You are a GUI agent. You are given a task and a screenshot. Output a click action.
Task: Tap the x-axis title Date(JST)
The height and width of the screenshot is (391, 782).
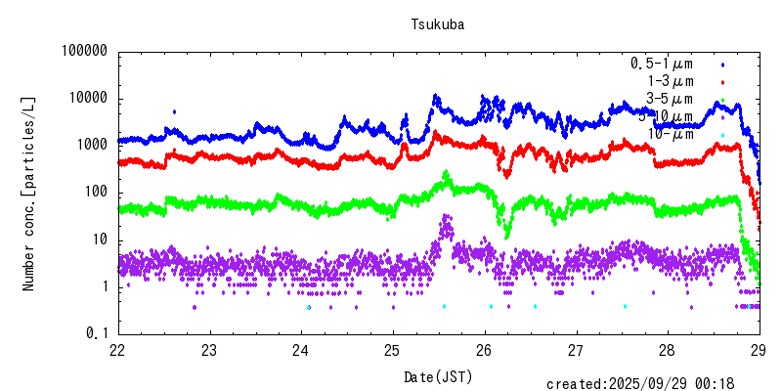coord(437,376)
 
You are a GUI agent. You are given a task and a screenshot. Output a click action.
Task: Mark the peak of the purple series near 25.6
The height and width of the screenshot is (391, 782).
coord(447,216)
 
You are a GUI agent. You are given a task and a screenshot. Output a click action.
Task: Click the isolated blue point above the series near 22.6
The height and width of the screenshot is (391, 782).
coord(174,112)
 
